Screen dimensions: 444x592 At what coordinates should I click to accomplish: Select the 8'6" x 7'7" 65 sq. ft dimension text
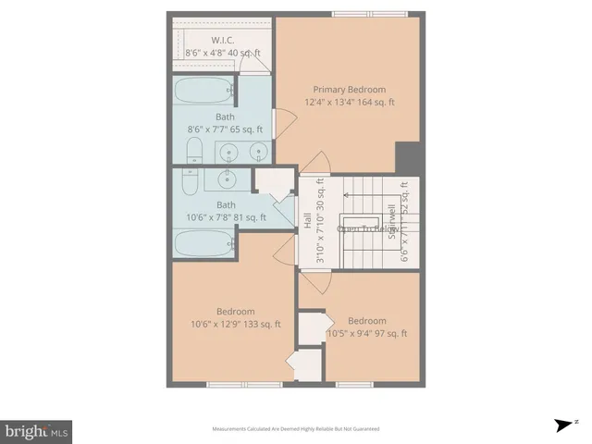pos(226,129)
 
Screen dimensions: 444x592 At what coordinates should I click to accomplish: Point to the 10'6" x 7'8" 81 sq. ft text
pos(226,217)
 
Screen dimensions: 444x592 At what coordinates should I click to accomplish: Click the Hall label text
pos(307,222)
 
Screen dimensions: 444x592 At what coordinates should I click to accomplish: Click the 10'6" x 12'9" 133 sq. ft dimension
pos(236,324)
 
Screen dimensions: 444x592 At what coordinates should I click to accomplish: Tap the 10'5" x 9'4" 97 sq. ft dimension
pos(367,333)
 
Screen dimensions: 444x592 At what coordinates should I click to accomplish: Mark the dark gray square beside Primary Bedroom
pos(407,157)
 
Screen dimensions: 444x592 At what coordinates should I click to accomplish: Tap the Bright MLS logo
pos(36,431)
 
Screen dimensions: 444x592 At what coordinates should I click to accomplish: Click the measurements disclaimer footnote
pos(296,429)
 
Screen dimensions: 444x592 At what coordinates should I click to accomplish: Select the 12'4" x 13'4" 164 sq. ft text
pos(351,102)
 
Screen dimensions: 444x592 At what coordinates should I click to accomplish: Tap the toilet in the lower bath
pos(190,181)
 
